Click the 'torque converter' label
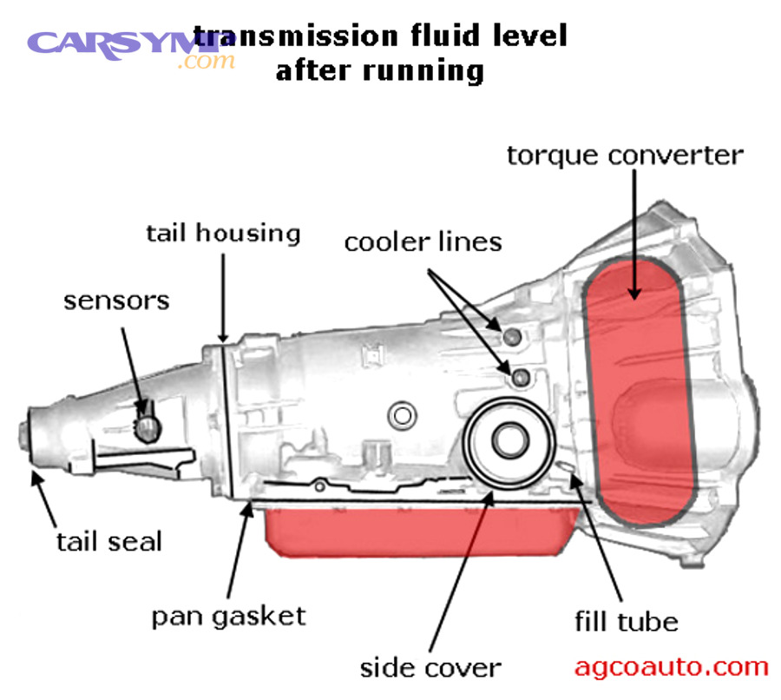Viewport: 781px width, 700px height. (x=625, y=155)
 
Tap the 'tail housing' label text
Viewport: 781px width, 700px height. (x=223, y=233)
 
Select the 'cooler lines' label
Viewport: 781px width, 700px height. (x=423, y=241)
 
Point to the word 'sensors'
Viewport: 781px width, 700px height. (x=116, y=300)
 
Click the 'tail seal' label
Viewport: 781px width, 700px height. (x=109, y=541)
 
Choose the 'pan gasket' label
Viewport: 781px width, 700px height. (x=229, y=616)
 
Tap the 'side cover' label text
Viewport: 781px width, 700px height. (x=430, y=667)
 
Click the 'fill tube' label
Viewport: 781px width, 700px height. (x=626, y=621)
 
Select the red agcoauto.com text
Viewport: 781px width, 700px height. (x=671, y=666)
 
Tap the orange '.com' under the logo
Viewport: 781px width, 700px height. (x=206, y=62)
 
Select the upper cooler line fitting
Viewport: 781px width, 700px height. (x=512, y=336)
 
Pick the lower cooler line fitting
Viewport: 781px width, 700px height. (x=521, y=377)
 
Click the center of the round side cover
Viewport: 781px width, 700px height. (x=508, y=440)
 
